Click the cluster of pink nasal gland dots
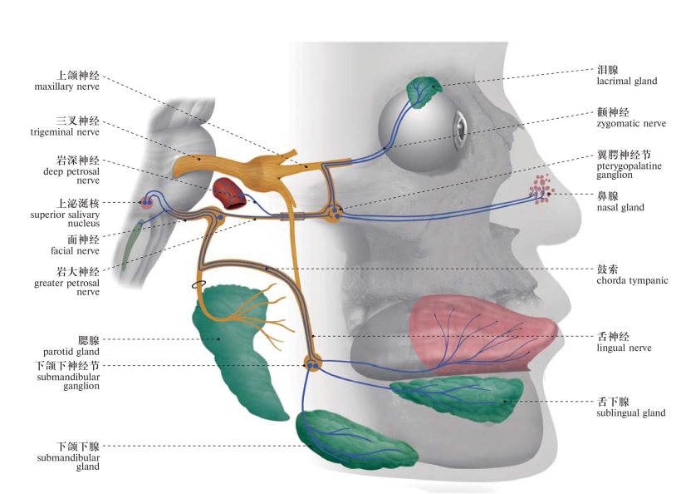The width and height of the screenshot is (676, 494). (542, 190)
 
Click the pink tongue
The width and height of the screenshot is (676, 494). (473, 329)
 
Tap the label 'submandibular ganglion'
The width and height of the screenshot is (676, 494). (67, 375)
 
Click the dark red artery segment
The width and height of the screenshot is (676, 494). (228, 193)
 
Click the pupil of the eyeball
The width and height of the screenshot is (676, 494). (458, 130)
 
